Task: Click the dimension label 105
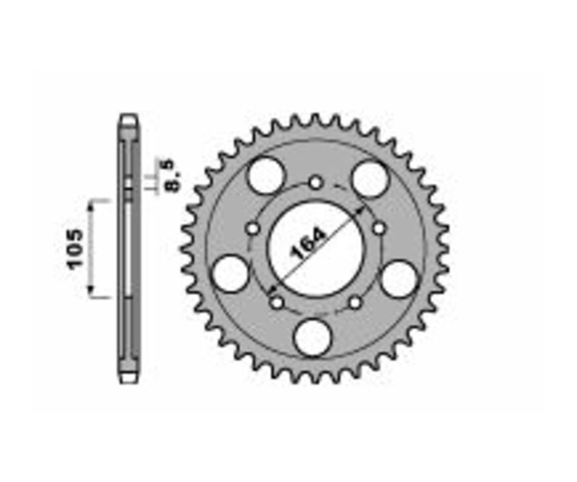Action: pyautogui.click(x=75, y=248)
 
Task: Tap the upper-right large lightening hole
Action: pyautogui.click(x=371, y=178)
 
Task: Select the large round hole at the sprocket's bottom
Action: pyautogui.click(x=314, y=337)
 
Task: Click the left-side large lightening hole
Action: pyautogui.click(x=230, y=274)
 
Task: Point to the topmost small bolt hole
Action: pyautogui.click(x=315, y=183)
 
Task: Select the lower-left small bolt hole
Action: pyautogui.click(x=276, y=302)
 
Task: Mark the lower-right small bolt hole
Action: pyautogui.click(x=356, y=302)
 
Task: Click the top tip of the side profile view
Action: pyautogui.click(x=129, y=117)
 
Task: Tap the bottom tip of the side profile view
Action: pyautogui.click(x=129, y=379)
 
